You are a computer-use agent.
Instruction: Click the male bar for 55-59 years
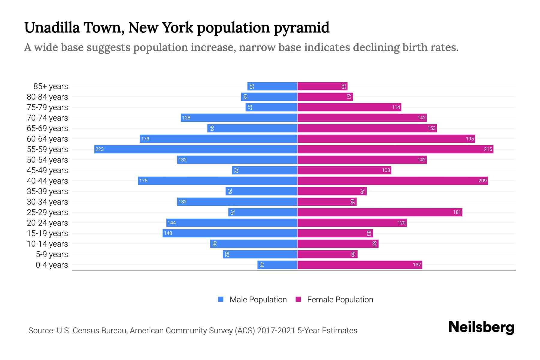(196, 149)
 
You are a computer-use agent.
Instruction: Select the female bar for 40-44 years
(392, 181)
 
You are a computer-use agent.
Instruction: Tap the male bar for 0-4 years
(277, 265)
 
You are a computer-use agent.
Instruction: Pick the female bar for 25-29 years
(380, 212)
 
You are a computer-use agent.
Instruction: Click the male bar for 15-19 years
(230, 233)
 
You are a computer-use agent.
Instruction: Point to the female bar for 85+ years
(322, 86)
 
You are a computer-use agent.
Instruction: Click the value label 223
(100, 149)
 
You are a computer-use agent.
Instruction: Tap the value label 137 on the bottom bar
(417, 265)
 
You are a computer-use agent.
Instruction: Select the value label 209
(482, 181)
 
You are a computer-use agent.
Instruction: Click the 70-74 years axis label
(47, 118)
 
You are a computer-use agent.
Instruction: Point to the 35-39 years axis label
(47, 191)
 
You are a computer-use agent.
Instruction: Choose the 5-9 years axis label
(52, 254)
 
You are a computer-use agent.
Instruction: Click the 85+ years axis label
(51, 86)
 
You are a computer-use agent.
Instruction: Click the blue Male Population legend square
(221, 299)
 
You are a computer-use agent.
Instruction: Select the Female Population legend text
(340, 300)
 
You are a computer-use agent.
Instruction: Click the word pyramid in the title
(301, 28)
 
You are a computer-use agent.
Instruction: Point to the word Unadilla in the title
(52, 28)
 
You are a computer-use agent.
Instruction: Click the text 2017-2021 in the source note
(276, 331)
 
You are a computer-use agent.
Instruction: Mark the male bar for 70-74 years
(239, 118)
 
